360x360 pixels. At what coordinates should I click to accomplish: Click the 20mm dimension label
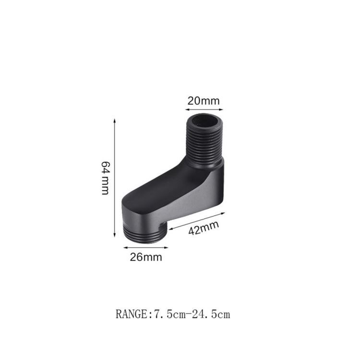click(204, 101)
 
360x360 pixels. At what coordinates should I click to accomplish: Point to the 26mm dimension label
click(146, 257)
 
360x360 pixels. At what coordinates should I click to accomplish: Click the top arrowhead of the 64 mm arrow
click(114, 120)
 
